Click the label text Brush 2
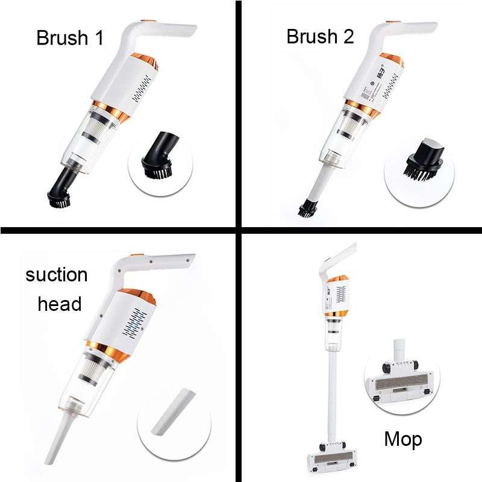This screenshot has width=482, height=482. pos(320,37)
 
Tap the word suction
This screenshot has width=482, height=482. pos(56,275)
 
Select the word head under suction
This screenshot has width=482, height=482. pos(59,304)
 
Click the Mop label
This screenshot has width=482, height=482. pos(402,439)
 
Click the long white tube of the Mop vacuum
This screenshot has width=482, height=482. pos(331,392)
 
